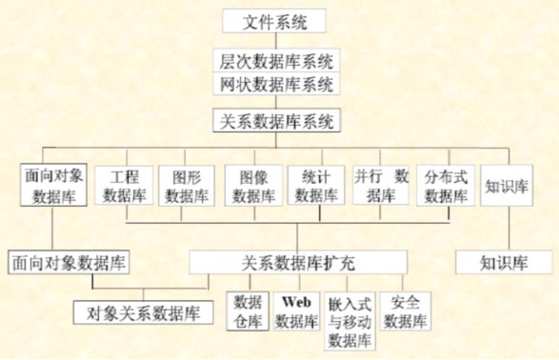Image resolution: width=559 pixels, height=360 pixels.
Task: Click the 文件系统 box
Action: [x=276, y=20]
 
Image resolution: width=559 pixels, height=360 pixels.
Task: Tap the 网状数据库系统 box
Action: [x=276, y=86]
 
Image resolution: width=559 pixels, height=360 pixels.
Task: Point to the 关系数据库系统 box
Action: [x=276, y=122]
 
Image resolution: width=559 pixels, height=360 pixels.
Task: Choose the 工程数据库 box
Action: [x=124, y=187]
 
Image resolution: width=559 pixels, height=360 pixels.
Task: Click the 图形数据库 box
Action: [x=188, y=187]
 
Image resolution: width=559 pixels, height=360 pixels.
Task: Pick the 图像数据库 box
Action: [x=251, y=187]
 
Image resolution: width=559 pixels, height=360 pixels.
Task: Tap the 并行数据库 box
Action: [x=381, y=187]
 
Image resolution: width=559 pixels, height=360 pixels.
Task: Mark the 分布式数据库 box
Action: [x=445, y=187]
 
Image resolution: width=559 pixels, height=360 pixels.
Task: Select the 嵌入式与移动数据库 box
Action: [x=349, y=321]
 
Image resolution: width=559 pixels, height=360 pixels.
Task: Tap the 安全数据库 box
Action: [x=405, y=311]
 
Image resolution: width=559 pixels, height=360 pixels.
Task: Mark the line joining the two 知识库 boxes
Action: [x=506, y=229]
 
